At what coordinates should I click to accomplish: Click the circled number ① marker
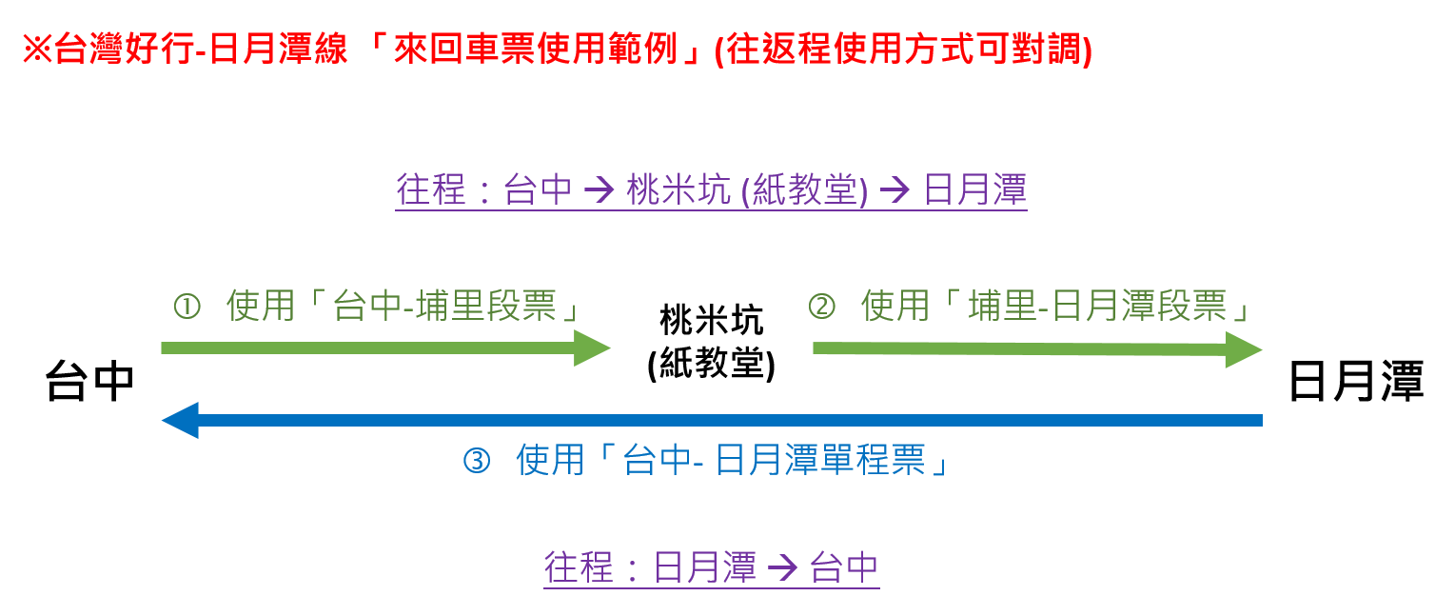(187, 308)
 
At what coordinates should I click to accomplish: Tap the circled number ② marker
(821, 307)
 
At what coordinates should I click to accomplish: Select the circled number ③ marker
(476, 462)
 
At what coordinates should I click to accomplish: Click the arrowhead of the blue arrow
(180, 420)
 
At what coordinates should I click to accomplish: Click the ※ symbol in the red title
(36, 50)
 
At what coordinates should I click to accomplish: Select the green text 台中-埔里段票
(443, 308)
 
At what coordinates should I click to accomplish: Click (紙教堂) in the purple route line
(803, 190)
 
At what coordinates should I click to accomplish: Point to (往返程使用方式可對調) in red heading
(903, 50)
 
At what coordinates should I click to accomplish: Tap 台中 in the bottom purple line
(844, 567)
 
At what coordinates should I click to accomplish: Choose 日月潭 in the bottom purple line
(705, 567)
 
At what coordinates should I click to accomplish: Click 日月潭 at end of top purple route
(975, 190)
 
